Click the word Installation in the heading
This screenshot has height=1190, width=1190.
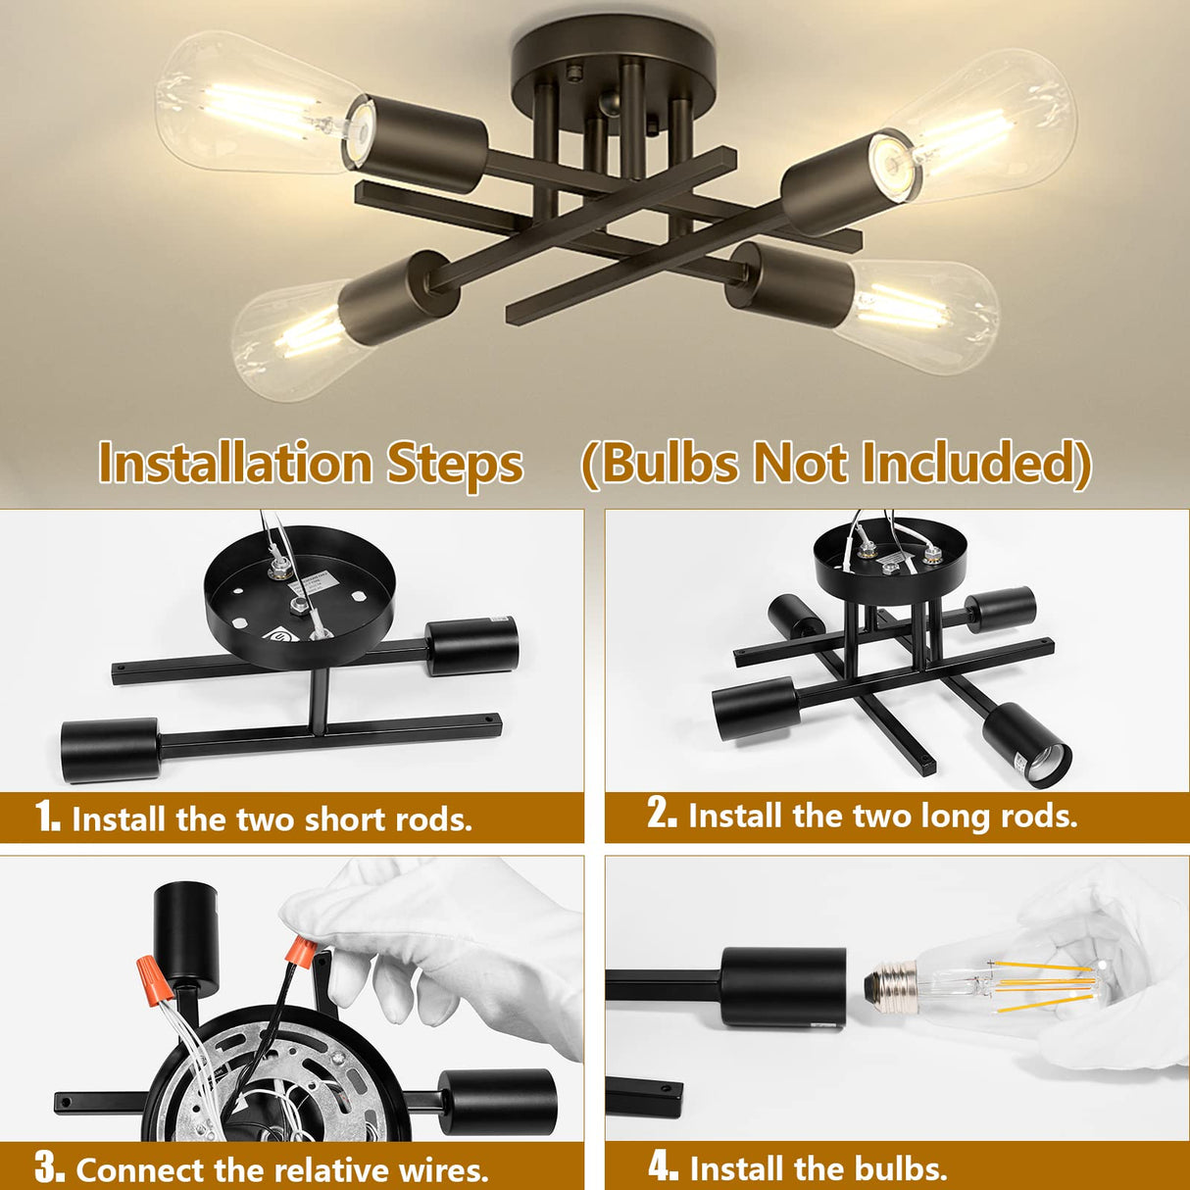[x=235, y=463]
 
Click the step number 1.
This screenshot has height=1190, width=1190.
[x=47, y=817]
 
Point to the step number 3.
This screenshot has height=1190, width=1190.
[x=49, y=1167]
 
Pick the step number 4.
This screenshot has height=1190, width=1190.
[x=663, y=1166]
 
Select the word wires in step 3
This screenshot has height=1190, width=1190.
[x=443, y=1169]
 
